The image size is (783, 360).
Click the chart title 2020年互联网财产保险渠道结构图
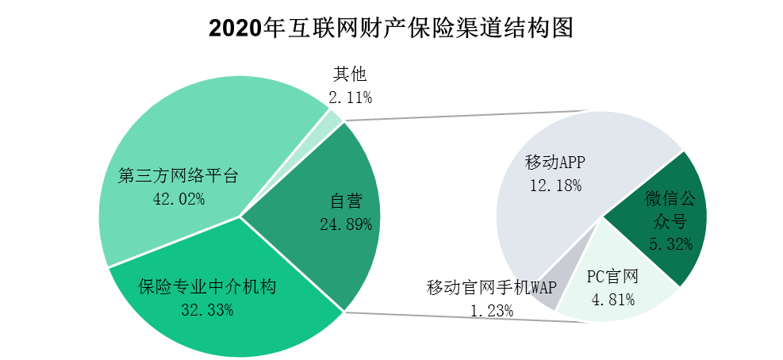point(390,29)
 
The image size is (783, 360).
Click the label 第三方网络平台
point(178,176)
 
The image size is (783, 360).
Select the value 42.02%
point(178,199)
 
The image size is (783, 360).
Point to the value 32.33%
point(207,310)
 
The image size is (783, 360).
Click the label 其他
point(349,75)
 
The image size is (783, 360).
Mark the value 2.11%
point(350,98)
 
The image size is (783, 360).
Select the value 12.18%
point(555,186)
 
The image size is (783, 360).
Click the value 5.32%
point(670,243)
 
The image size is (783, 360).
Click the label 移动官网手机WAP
point(492,287)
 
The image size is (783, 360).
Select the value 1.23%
point(492,310)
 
